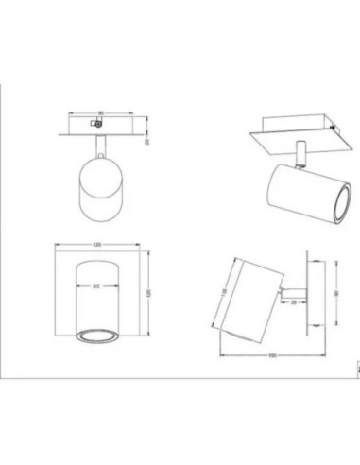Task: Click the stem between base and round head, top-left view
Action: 99,146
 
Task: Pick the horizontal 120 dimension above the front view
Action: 99,246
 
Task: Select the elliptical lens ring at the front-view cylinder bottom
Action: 99,334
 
